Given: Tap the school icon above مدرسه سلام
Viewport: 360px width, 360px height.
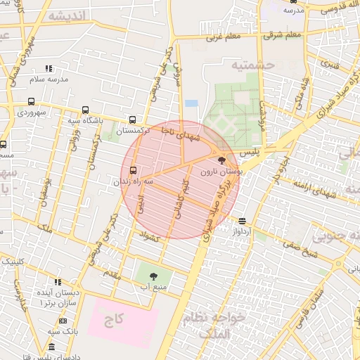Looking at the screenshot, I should pyautogui.click(x=49, y=68).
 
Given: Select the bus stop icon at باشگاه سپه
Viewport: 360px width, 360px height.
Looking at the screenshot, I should pyautogui.click(x=85, y=110).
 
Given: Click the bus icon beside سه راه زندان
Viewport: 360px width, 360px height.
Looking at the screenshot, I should pyautogui.click(x=134, y=170).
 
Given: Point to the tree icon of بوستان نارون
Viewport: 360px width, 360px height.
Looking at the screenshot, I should pyautogui.click(x=223, y=161).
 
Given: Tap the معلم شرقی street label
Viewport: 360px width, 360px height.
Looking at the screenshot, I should pyautogui.click(x=285, y=34).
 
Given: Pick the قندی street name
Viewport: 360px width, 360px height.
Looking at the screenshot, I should pyautogui.click(x=330, y=63).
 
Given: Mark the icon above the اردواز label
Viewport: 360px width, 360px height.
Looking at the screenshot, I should pyautogui.click(x=242, y=220).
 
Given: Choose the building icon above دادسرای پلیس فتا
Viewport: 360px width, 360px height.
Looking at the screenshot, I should pyautogui.click(x=51, y=347).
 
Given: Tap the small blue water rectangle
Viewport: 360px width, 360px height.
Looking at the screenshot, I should pyautogui.click(x=191, y=103).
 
